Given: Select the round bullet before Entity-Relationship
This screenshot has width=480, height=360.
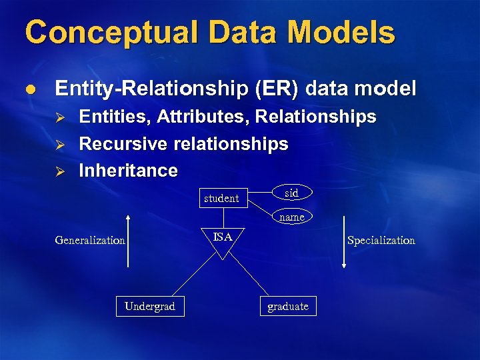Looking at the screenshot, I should pyautogui.click(x=31, y=89).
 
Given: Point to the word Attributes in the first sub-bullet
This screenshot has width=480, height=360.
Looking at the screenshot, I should pyautogui.click(x=203, y=117).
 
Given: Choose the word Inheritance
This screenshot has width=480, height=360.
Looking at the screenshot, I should pyautogui.click(x=128, y=171).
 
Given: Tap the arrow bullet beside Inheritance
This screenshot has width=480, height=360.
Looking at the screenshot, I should pyautogui.click(x=58, y=171).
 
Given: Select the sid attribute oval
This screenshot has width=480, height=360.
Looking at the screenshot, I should pyautogui.click(x=291, y=193).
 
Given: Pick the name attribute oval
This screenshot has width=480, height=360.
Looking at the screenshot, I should pyautogui.click(x=291, y=217).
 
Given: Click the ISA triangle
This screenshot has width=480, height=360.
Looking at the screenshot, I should pyautogui.click(x=223, y=241).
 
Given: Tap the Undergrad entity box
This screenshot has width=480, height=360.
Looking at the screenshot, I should pyautogui.click(x=150, y=306).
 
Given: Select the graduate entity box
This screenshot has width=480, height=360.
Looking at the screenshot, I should pyautogui.click(x=288, y=306).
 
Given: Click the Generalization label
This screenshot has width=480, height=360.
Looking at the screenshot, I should pyautogui.click(x=90, y=240).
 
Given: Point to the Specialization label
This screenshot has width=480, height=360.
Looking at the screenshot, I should pyautogui.click(x=381, y=240).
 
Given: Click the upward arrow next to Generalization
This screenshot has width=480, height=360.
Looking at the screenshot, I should pyautogui.click(x=128, y=240).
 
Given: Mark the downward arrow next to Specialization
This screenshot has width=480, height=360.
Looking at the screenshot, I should pyautogui.click(x=343, y=241).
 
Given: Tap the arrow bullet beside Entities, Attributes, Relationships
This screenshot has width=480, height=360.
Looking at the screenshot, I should pyautogui.click(x=58, y=118).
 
